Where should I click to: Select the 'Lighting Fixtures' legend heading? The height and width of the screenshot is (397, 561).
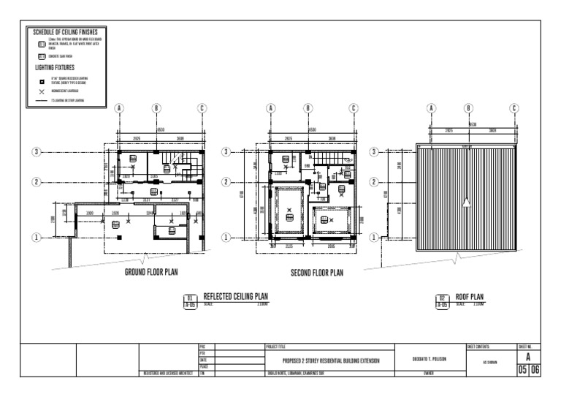(x=56, y=67)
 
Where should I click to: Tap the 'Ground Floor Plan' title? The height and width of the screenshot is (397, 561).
(x=152, y=272)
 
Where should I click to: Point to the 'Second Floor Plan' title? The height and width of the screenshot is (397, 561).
(x=316, y=273)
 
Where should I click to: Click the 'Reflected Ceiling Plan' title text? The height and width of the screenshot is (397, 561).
(x=235, y=297)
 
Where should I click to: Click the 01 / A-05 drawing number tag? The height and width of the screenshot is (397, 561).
(x=190, y=301)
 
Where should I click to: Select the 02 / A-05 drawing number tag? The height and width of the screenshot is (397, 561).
(x=443, y=301)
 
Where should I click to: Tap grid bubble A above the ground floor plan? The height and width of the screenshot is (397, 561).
(x=119, y=108)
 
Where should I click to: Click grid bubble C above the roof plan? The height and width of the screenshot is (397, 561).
(x=514, y=108)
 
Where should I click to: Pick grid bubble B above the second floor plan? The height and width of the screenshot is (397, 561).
(x=308, y=108)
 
